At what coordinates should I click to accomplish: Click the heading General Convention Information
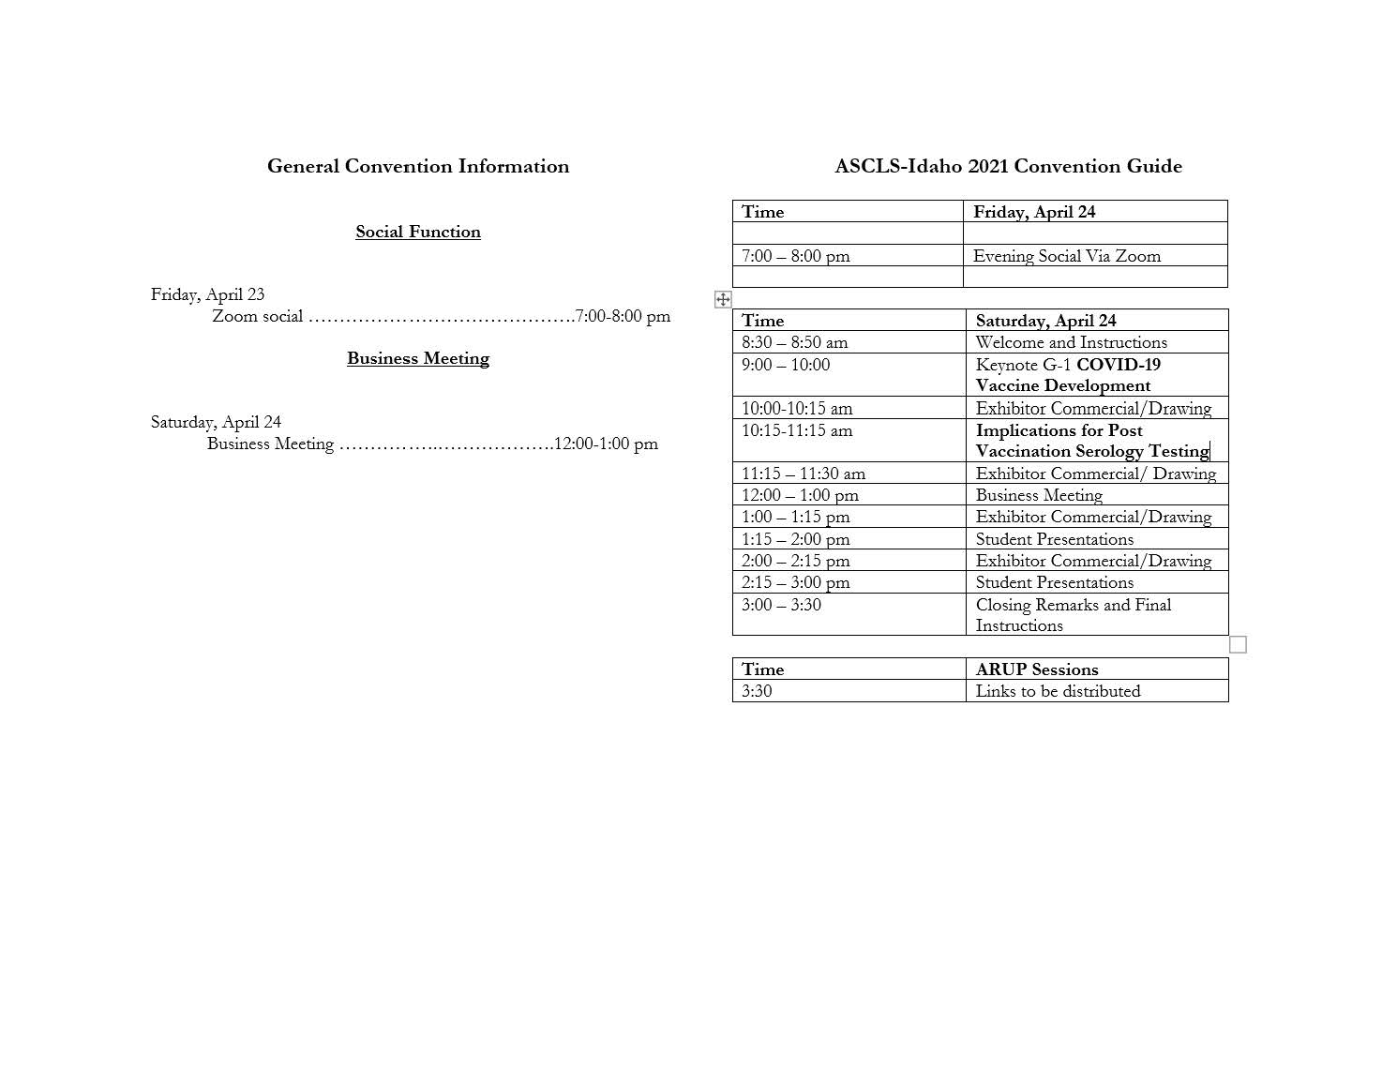[417, 166]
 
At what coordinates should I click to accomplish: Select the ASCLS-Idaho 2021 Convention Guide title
[1008, 166]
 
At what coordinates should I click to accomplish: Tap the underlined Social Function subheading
[417, 232]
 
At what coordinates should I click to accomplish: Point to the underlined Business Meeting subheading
[417, 358]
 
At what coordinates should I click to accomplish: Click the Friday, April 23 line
[207, 294]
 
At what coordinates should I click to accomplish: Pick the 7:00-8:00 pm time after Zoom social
[623, 316]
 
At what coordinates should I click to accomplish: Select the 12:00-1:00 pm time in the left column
[606, 444]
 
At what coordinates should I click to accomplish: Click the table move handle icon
[723, 299]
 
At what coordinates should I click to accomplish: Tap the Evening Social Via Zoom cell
[1066, 256]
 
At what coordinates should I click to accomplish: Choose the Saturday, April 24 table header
[1045, 321]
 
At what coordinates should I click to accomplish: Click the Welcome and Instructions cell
[1071, 342]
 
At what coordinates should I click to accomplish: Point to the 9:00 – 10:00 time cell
[786, 365]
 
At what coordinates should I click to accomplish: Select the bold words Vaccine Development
[1062, 385]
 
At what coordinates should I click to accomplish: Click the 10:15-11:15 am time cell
[797, 430]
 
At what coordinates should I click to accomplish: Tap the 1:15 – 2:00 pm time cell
[795, 539]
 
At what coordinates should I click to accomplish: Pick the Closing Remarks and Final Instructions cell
[1073, 615]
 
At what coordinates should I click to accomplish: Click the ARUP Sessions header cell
[1036, 669]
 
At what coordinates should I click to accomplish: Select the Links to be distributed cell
[1058, 691]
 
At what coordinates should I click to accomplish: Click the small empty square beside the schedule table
[1238, 644]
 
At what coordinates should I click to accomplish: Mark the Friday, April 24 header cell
[1033, 212]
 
